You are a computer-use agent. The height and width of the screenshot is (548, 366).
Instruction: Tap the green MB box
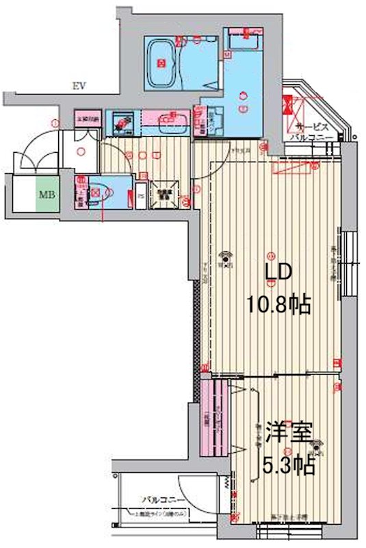(47, 195)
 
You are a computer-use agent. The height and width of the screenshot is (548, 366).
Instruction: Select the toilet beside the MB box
(96, 192)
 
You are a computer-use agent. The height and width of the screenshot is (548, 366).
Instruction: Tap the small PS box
(142, 194)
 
